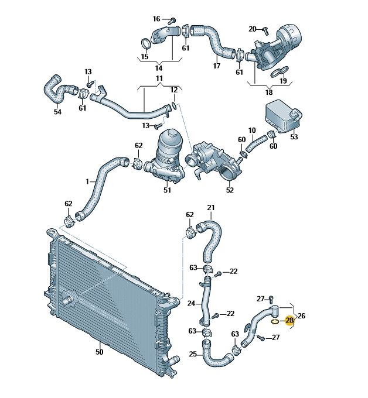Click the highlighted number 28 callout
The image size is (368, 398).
click(x=289, y=320)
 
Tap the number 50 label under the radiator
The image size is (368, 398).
click(x=100, y=352)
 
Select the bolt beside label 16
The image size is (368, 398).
click(x=172, y=20)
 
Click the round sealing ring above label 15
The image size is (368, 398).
click(x=146, y=43)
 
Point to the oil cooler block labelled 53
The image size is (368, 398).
click(x=284, y=116)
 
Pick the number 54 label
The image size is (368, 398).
click(x=57, y=112)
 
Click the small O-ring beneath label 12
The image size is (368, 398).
click(x=175, y=106)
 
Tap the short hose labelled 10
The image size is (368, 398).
click(x=257, y=143)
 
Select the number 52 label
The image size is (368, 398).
click(x=230, y=190)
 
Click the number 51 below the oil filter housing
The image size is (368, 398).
click(x=167, y=190)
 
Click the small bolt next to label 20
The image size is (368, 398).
click(x=265, y=30)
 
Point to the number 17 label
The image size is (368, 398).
click(x=217, y=66)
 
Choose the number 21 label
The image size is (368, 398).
click(x=211, y=208)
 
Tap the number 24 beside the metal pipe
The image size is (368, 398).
click(x=191, y=303)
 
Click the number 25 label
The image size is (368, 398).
click(x=193, y=354)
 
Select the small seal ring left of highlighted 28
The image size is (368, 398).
click(x=275, y=322)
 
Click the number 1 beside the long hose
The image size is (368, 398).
click(x=87, y=181)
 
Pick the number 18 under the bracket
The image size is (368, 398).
click(x=269, y=92)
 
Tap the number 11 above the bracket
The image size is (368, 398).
click(x=159, y=78)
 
